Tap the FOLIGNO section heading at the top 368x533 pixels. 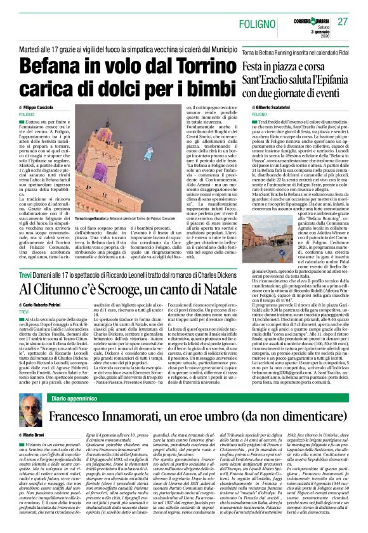pos(258,25)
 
